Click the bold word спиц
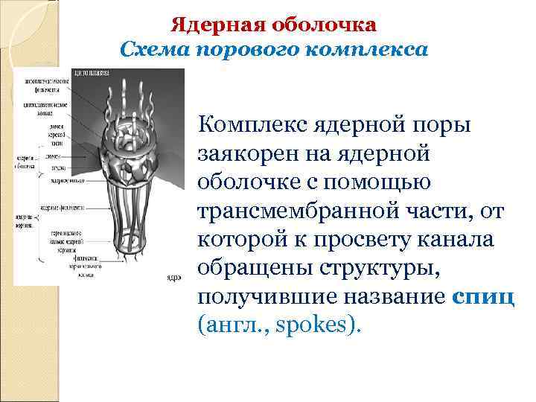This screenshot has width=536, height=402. point(482,299)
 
